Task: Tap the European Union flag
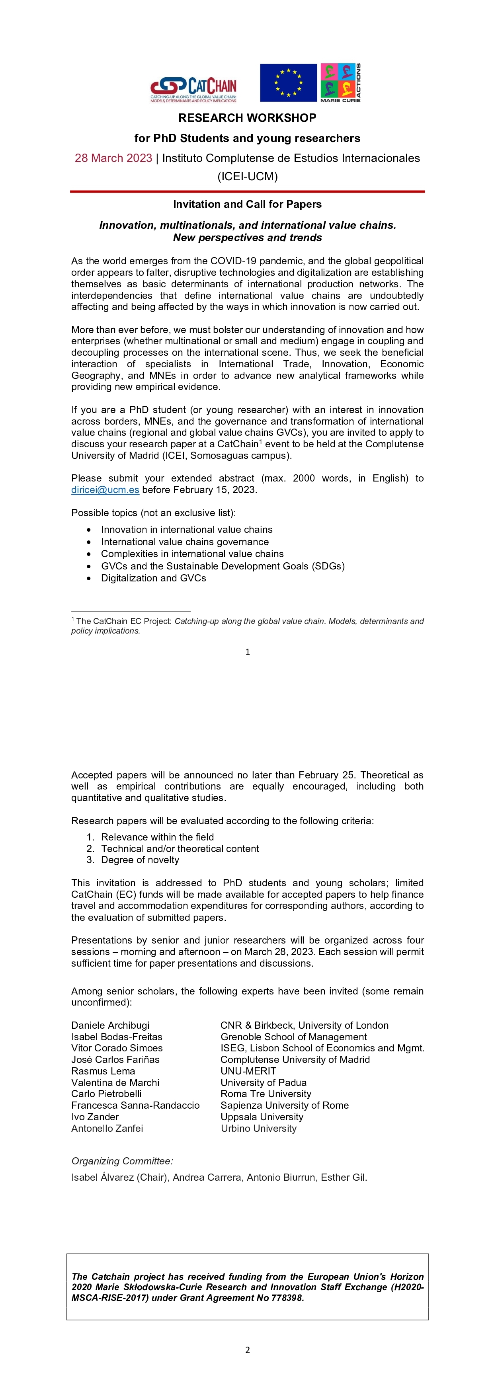pyautogui.click(x=288, y=83)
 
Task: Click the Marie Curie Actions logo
pyautogui.click(x=340, y=83)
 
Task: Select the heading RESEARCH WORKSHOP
pyautogui.click(x=247, y=118)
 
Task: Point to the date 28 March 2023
pyautogui.click(x=113, y=158)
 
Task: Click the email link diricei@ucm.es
pyautogui.click(x=105, y=490)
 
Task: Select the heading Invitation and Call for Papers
pyautogui.click(x=247, y=204)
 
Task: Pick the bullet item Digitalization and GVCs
pyautogui.click(x=154, y=578)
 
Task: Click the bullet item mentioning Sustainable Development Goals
pyautogui.click(x=223, y=566)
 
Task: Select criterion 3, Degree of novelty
pyautogui.click(x=140, y=860)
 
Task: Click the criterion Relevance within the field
pyautogui.click(x=157, y=837)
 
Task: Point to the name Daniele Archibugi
pyautogui.click(x=110, y=1026)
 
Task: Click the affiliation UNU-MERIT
pyautogui.click(x=248, y=1071)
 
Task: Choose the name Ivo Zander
pyautogui.click(x=95, y=1117)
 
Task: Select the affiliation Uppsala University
pyautogui.click(x=262, y=1117)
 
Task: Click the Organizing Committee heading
pyautogui.click(x=122, y=1161)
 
